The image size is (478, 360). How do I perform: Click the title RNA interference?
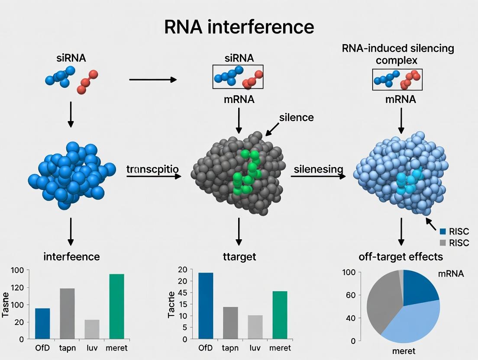(x=239, y=27)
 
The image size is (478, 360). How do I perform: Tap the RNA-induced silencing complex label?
(x=398, y=54)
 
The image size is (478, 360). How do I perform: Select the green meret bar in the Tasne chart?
(x=116, y=306)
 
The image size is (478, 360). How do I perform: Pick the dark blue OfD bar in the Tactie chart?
(x=206, y=305)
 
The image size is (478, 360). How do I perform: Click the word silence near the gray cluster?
(x=297, y=117)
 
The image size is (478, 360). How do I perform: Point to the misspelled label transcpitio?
(x=152, y=169)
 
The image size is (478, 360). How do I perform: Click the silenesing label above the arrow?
(x=318, y=169)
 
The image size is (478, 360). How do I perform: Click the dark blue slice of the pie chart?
(x=418, y=288)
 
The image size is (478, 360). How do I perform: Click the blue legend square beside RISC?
(x=442, y=231)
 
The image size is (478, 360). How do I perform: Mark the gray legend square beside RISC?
(x=442, y=243)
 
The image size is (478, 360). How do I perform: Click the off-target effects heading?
(x=400, y=257)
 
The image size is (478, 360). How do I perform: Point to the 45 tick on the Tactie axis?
(x=183, y=292)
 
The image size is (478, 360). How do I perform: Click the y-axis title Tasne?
(x=6, y=305)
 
